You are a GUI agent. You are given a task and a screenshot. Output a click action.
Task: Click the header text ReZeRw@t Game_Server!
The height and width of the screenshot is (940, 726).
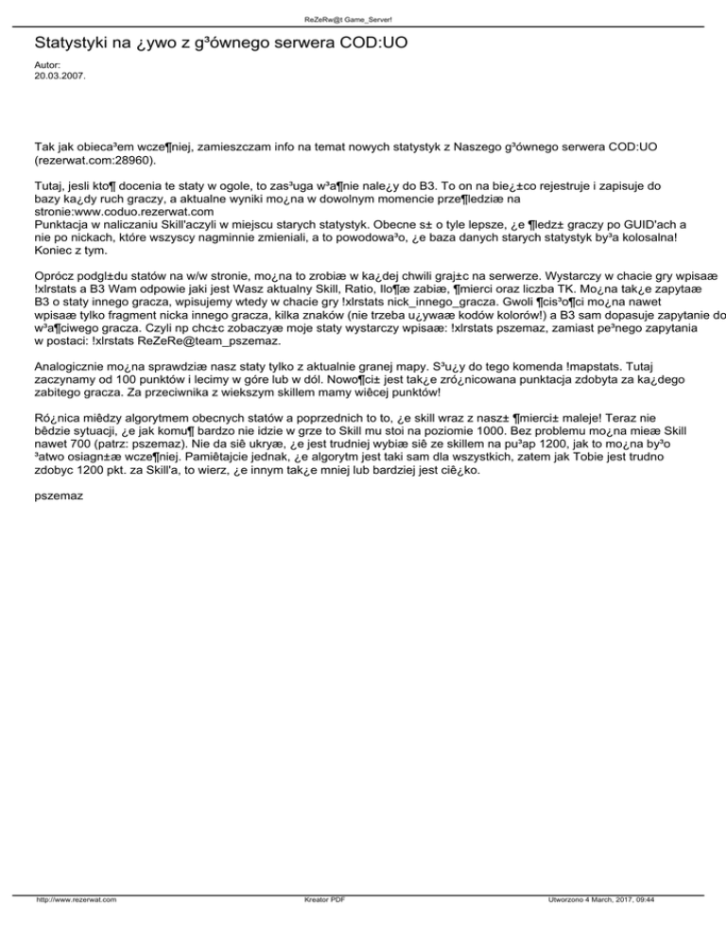coord(363,18)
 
